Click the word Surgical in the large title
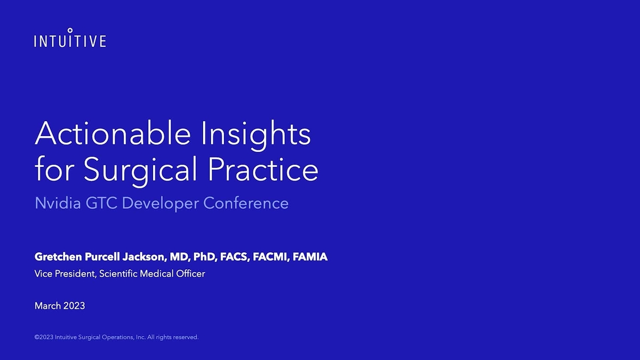[141, 170]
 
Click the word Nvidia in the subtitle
[54, 203]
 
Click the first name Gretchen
[58, 257]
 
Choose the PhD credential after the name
[203, 257]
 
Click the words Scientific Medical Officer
[153, 274]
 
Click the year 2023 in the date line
[74, 306]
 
